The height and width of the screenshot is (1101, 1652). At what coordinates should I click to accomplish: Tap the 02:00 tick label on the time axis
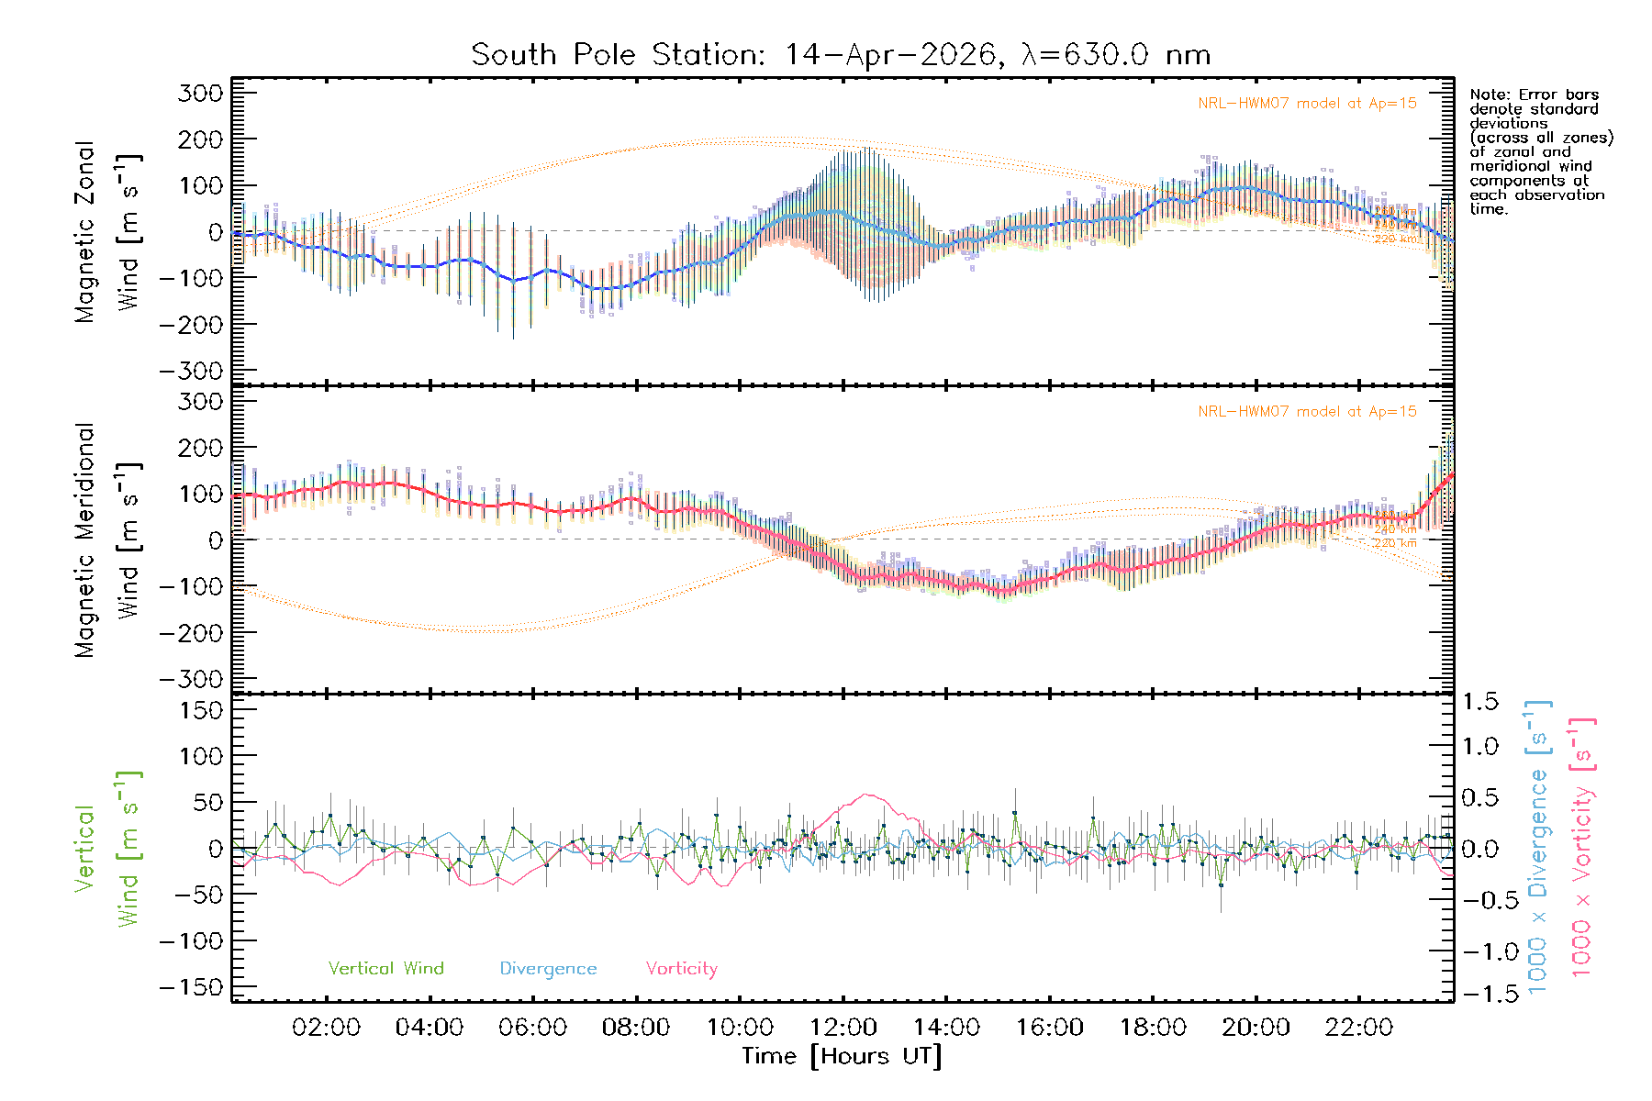(x=326, y=1028)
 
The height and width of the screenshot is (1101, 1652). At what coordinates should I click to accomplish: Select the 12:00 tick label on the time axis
(x=843, y=1028)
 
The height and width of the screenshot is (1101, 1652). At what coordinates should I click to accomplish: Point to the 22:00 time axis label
(x=1359, y=1028)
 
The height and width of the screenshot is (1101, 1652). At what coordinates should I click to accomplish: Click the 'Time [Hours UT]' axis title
(x=842, y=1056)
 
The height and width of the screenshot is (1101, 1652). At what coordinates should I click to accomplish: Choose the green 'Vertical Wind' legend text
(x=385, y=968)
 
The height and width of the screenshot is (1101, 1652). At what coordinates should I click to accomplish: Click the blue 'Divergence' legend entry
(x=548, y=969)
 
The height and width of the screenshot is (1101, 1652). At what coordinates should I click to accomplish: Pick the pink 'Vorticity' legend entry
(x=681, y=969)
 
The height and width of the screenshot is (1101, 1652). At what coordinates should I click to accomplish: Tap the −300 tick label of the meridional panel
(x=192, y=679)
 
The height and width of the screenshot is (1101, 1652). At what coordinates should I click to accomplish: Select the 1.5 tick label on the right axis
(x=1480, y=702)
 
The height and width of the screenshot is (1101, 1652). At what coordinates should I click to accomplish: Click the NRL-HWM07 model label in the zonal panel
(x=1307, y=104)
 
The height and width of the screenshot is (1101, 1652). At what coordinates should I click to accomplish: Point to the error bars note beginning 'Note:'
(x=1541, y=151)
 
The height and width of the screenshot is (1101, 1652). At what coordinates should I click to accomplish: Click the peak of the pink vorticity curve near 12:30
(x=866, y=795)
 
